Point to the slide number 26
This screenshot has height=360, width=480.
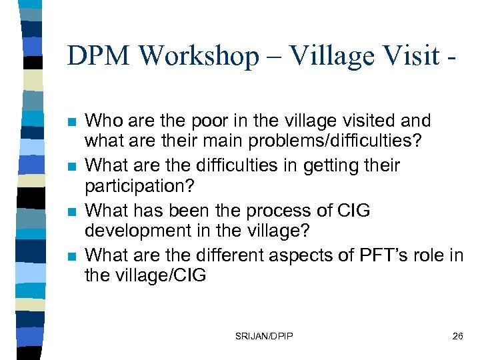pos(457,336)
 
